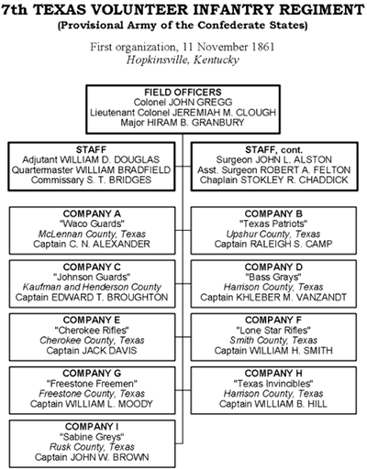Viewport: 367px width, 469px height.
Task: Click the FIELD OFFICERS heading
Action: [x=183, y=93]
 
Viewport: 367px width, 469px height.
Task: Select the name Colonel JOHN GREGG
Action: [x=183, y=103]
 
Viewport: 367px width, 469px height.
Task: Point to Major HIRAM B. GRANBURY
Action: [x=183, y=123]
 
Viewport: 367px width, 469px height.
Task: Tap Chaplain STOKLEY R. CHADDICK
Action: [x=274, y=180]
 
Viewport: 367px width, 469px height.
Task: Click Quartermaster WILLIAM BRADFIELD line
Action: [x=91, y=170]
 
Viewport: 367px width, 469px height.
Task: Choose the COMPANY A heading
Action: [x=92, y=213]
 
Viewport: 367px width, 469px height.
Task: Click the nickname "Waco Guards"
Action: [x=92, y=224]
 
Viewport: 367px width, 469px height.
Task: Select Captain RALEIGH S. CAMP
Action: [x=273, y=245]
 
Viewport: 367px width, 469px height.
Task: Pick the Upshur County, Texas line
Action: [x=273, y=234]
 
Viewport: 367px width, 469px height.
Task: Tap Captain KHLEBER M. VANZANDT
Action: [x=273, y=298]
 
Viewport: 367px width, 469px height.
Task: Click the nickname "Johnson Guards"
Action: [x=92, y=278]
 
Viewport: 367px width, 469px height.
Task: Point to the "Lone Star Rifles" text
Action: [x=273, y=331]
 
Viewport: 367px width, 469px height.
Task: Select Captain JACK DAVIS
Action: [x=92, y=351]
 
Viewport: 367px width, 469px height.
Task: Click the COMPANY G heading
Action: [x=92, y=374]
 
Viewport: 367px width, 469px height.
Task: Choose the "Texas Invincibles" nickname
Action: [x=273, y=384]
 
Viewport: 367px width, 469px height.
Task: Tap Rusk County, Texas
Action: [x=92, y=447]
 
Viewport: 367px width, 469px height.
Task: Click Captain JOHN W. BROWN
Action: [x=92, y=457]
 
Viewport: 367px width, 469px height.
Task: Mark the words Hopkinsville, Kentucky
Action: [x=183, y=60]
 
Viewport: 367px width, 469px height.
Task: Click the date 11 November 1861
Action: [x=228, y=47]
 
